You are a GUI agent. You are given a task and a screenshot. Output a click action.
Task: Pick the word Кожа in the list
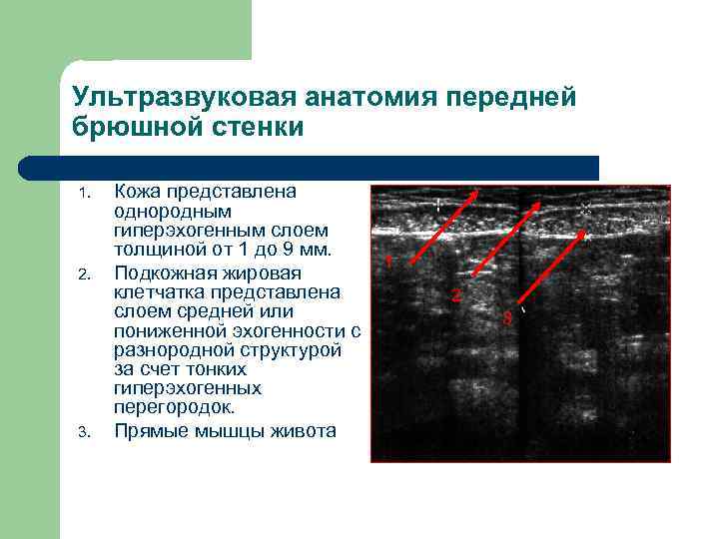137,191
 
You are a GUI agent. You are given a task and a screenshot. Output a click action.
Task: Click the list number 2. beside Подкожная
85,272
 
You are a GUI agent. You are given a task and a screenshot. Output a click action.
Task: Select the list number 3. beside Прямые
85,432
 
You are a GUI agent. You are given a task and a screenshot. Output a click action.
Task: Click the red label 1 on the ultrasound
388,263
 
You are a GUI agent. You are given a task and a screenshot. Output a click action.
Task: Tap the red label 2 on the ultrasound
455,295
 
